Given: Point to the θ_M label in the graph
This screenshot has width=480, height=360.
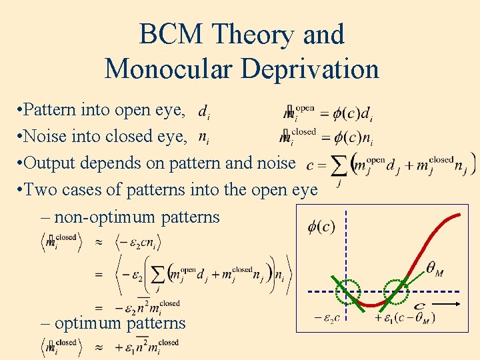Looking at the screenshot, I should (435, 270).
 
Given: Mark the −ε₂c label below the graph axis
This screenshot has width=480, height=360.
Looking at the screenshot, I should (327, 318).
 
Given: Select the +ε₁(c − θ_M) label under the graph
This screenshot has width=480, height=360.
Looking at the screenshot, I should (405, 318).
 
